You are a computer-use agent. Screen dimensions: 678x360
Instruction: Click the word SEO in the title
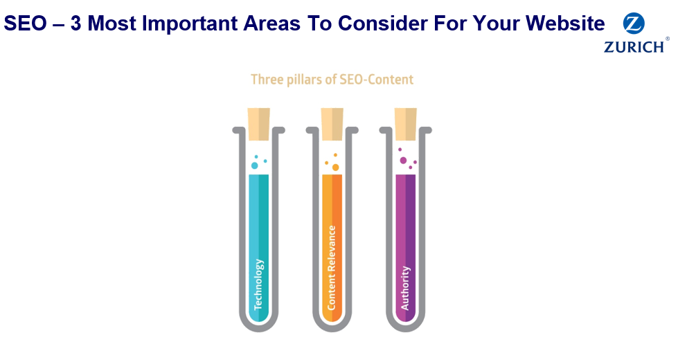[x=25, y=24]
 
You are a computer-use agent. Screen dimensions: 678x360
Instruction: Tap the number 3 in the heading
[x=76, y=24]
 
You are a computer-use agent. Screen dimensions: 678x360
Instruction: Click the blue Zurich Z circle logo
[x=634, y=24]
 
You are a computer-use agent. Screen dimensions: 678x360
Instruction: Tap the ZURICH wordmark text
[x=634, y=46]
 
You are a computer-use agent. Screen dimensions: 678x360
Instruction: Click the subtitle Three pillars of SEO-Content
[x=332, y=80]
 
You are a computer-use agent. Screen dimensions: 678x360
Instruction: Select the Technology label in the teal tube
[x=258, y=285]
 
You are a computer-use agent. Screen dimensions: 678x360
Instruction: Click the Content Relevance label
[x=332, y=268]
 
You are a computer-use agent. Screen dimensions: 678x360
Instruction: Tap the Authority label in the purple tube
[x=405, y=288]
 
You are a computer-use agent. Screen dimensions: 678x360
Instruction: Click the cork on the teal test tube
[x=258, y=124]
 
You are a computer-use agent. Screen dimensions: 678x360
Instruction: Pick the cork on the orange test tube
[x=332, y=124]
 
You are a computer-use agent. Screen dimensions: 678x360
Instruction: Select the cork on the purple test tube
[x=406, y=124]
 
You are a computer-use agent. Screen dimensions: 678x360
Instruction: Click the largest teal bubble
[x=255, y=165]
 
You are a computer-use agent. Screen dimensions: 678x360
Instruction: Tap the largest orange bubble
[x=336, y=168]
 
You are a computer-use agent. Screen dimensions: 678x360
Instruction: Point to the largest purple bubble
[x=404, y=161]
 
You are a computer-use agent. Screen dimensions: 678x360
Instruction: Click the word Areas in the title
[x=271, y=24]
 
